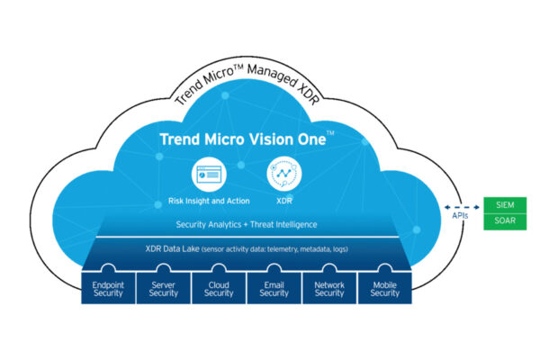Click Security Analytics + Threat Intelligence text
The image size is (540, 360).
coord(246,223)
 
